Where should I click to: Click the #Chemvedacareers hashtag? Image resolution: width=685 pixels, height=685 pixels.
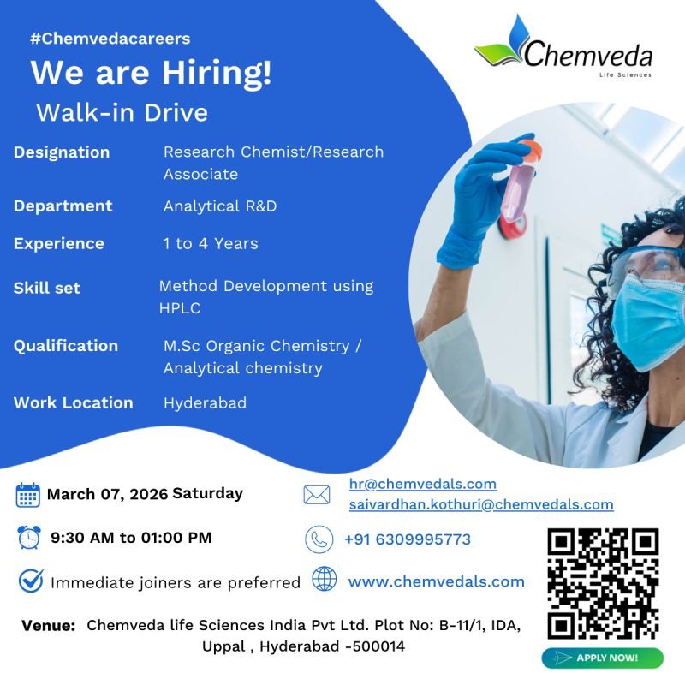tap(110, 39)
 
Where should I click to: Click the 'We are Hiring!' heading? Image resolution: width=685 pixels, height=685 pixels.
tap(151, 73)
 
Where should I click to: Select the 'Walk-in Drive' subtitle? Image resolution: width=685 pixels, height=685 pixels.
tap(122, 112)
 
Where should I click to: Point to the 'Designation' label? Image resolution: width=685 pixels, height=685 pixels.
tap(62, 152)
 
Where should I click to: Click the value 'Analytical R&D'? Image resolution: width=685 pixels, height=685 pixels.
tap(220, 206)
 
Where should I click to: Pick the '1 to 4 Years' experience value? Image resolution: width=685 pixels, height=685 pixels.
tap(211, 243)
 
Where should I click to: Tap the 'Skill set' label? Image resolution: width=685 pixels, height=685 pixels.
tap(47, 288)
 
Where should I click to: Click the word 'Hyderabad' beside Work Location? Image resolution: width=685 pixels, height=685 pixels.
tap(205, 402)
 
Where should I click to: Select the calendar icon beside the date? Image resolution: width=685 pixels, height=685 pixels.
tap(28, 495)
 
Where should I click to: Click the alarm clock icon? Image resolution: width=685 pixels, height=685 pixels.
tap(28, 538)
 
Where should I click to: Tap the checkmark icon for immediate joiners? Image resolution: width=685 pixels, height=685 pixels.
tap(31, 581)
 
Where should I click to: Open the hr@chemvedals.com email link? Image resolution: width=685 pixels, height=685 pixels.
tap(423, 484)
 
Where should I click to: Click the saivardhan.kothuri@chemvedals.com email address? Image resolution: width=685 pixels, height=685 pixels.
tap(481, 504)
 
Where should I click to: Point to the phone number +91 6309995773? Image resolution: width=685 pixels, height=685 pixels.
tap(408, 539)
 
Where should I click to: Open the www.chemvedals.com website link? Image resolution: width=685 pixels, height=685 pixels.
tap(436, 581)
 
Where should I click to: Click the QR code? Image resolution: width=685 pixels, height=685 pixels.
tap(603, 583)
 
